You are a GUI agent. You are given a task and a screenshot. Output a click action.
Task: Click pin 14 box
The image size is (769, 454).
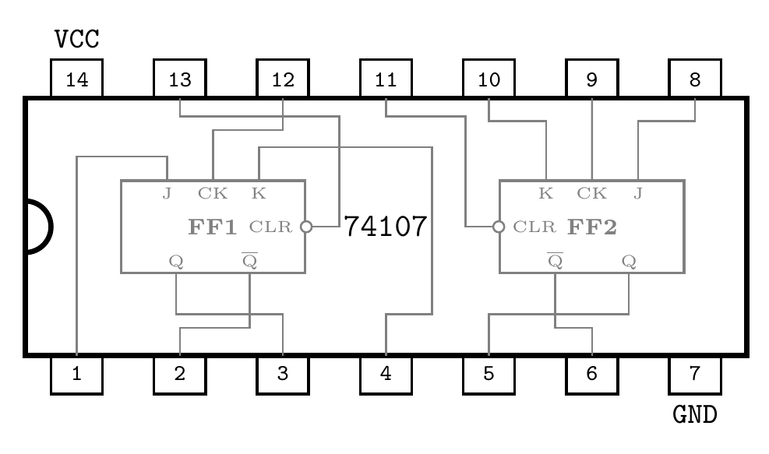(76, 79)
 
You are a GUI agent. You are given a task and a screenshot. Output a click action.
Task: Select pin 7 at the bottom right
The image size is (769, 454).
(694, 375)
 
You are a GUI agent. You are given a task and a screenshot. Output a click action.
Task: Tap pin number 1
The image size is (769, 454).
(76, 375)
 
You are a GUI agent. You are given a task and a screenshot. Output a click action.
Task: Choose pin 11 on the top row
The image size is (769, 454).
(386, 79)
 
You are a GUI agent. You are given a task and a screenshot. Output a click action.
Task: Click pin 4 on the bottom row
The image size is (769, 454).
(386, 375)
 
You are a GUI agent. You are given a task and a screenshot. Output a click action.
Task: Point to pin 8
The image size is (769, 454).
(694, 79)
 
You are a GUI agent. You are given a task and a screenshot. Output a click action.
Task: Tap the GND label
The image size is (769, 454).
(694, 414)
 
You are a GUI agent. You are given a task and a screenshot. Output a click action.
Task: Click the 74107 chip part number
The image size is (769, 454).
(386, 227)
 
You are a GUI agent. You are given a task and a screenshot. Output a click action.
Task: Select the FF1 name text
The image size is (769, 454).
(212, 227)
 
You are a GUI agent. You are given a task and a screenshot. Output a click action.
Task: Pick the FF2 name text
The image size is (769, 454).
(592, 227)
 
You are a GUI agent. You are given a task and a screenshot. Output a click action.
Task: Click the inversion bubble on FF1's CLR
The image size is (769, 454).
(306, 227)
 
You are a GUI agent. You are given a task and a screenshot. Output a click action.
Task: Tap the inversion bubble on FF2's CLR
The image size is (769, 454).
(499, 227)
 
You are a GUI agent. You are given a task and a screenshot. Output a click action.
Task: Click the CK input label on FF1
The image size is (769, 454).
(213, 193)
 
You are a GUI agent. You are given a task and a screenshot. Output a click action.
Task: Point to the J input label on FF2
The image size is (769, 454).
(638, 193)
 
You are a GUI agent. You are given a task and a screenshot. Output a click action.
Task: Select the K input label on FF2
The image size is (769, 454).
(546, 193)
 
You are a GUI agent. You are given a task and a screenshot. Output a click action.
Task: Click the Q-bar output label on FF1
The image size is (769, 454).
(250, 260)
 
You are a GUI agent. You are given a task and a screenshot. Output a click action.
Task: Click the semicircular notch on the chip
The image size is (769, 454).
(39, 227)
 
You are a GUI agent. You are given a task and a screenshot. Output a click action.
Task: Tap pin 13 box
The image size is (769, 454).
(179, 79)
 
